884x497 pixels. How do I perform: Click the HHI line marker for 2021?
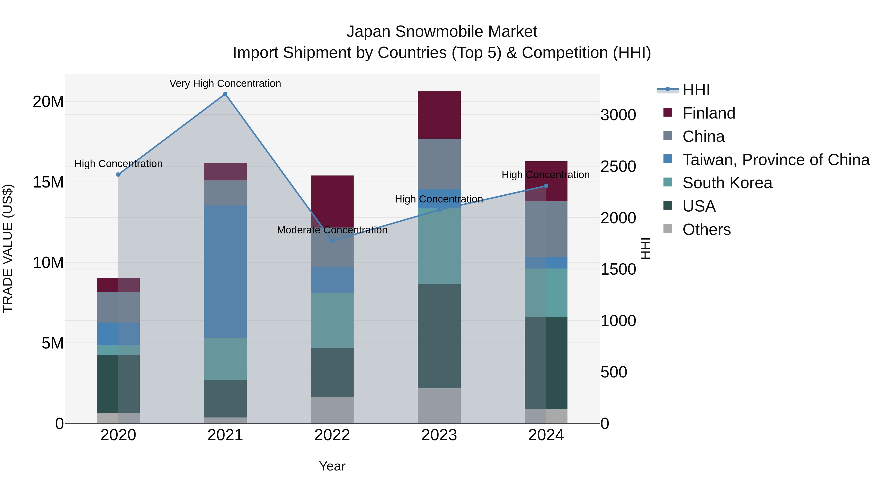(x=225, y=94)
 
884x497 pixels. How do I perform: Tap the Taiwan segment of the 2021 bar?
(x=225, y=272)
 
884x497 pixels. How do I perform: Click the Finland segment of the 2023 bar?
(x=439, y=115)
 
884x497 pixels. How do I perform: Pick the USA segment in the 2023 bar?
(x=439, y=336)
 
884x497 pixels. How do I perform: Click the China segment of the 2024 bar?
(x=546, y=229)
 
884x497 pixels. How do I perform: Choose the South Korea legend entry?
(x=727, y=183)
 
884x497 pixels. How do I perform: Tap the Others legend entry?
(x=706, y=229)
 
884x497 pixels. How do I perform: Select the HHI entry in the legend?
(x=696, y=90)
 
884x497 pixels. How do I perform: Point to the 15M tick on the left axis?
(x=48, y=182)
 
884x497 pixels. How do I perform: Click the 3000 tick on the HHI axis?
(x=618, y=115)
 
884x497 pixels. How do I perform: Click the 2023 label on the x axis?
(x=439, y=435)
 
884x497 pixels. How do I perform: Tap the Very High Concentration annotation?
(x=225, y=83)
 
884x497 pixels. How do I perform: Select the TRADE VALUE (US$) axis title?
(x=8, y=248)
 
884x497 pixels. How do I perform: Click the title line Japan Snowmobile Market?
(x=442, y=32)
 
